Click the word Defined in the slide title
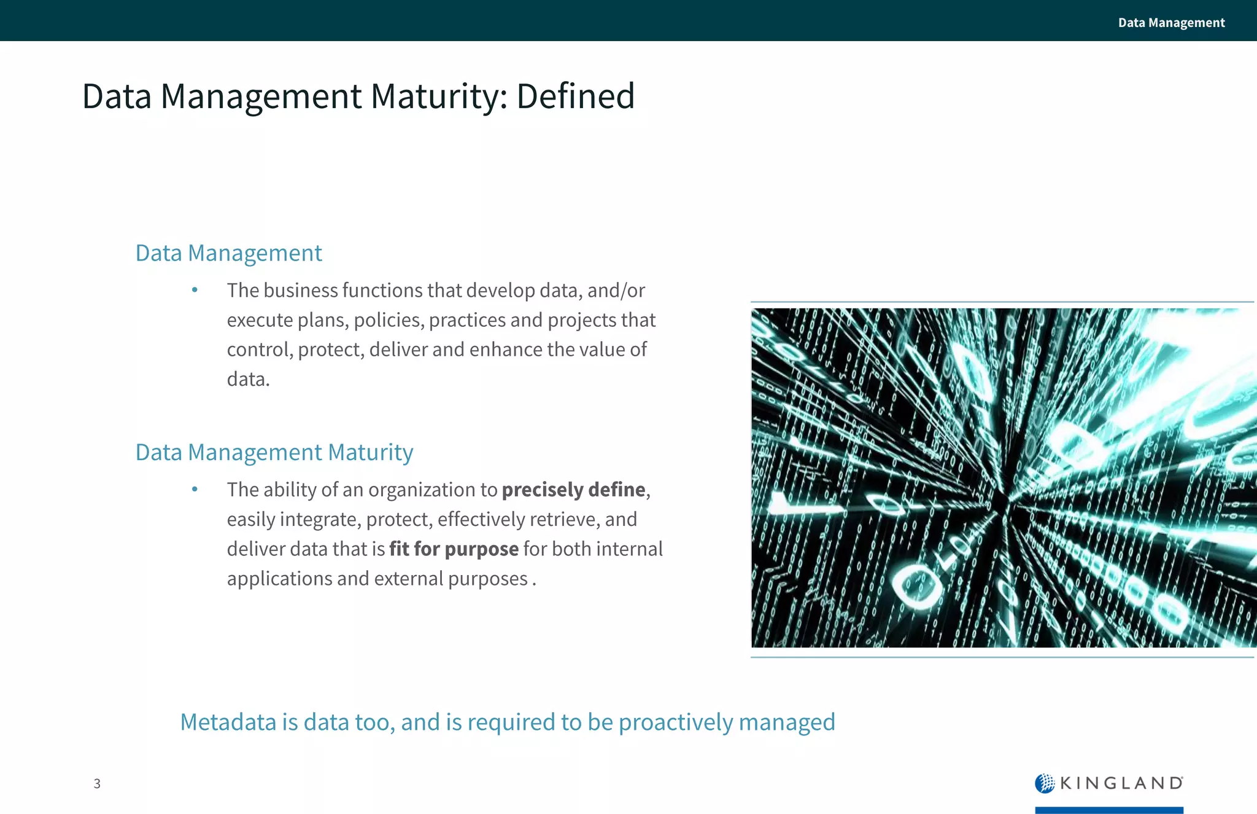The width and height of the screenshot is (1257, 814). [575, 96]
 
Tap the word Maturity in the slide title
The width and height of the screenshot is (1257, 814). [439, 96]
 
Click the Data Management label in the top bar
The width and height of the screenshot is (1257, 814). [1171, 23]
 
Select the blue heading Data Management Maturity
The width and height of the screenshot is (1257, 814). [274, 453]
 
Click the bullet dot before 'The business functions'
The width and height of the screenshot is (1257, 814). [195, 290]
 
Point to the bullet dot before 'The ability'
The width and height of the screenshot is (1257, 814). [195, 490]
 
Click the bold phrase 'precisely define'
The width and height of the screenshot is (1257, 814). [573, 490]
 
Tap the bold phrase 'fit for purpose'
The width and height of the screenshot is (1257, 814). [454, 549]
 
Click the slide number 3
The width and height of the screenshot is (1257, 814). [97, 783]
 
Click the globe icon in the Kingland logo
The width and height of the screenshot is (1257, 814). [1044, 783]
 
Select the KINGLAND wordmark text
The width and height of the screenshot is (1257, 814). [1121, 783]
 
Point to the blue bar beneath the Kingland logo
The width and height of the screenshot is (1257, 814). [1109, 810]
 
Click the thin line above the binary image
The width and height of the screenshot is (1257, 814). [1002, 302]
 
